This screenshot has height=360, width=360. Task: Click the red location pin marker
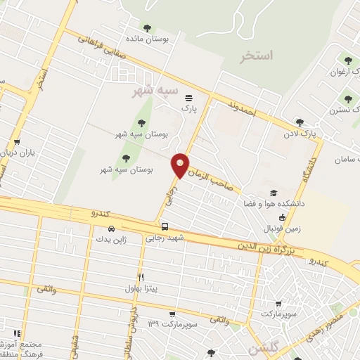click(180, 165)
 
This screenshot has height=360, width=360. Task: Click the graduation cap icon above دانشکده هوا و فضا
click(272, 193)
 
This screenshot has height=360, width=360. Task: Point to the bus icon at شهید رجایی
click(165, 227)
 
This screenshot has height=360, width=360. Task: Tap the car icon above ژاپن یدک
click(112, 229)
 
